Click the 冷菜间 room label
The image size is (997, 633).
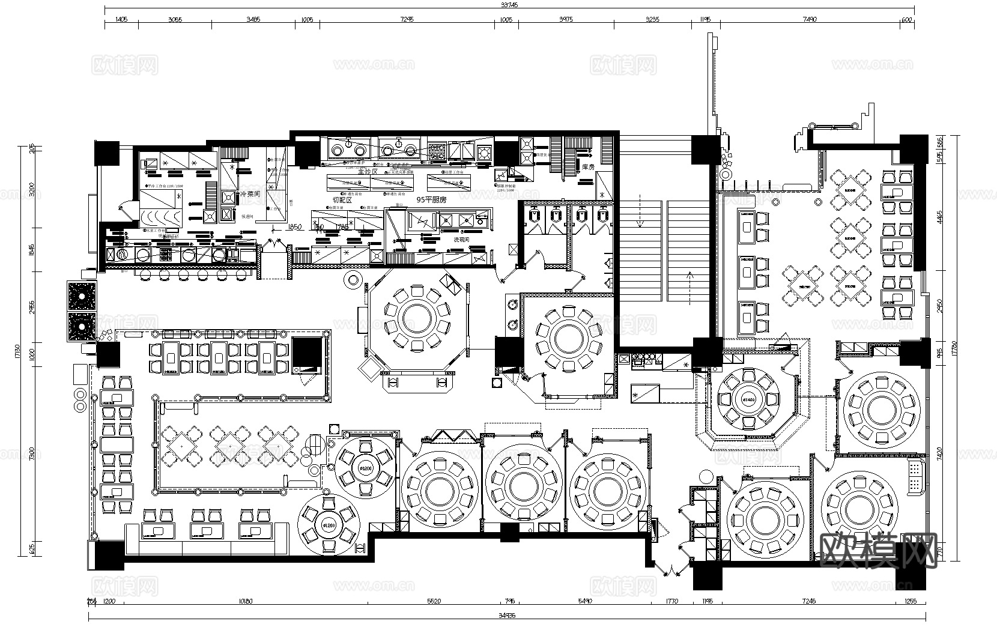click(x=250, y=195)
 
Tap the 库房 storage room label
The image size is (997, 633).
click(x=588, y=167)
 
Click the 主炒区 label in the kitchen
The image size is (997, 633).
click(x=367, y=172)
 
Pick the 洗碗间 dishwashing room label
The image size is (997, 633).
click(x=461, y=239)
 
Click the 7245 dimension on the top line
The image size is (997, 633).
click(x=407, y=19)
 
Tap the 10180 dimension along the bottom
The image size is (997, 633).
click(x=244, y=601)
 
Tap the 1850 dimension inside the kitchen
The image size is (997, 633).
click(x=294, y=227)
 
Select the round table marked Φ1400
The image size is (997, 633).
click(x=748, y=399)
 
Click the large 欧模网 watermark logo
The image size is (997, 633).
click(x=877, y=551)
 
